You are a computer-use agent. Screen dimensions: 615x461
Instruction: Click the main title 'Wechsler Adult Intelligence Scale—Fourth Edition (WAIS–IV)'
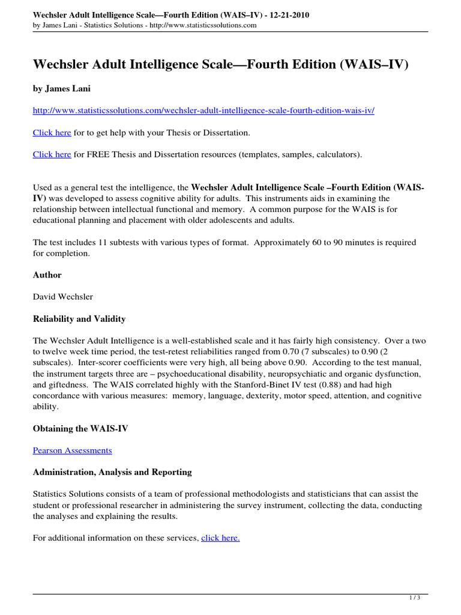coord(220,64)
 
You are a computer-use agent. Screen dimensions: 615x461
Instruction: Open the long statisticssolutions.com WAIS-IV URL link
coord(203,111)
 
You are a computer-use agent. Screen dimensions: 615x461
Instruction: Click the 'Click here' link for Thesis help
coord(52,132)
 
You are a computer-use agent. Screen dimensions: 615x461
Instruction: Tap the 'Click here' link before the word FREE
coord(52,154)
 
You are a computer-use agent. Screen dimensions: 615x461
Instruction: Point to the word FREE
coord(100,154)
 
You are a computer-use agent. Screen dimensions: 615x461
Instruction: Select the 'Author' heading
coord(47,274)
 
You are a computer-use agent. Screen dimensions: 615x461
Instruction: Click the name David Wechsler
coord(63,297)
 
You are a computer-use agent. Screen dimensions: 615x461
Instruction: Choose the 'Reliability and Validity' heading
coord(79,318)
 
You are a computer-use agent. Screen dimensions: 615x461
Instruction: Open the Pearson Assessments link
coord(72,450)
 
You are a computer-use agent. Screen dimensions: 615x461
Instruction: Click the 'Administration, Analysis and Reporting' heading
coord(112,472)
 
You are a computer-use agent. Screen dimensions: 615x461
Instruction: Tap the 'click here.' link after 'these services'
coord(220,538)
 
